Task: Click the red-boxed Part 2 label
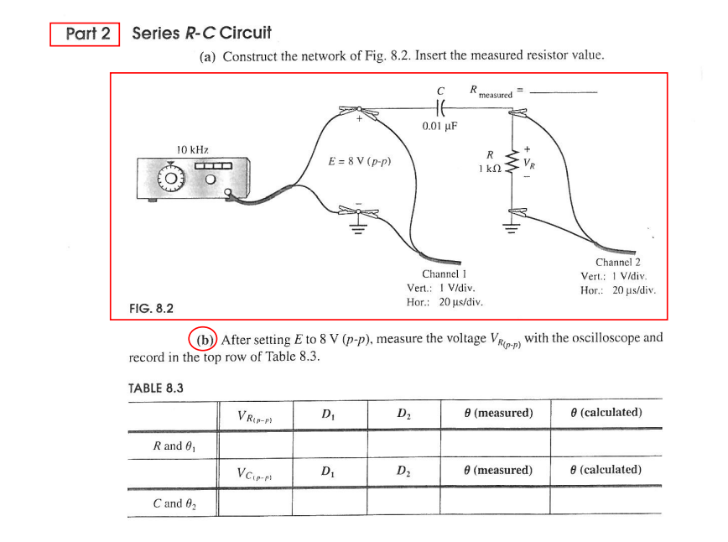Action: (86, 34)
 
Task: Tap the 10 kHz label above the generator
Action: (192, 149)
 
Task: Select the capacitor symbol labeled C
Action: (440, 107)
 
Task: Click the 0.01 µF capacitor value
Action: (440, 127)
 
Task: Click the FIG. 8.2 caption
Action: (152, 308)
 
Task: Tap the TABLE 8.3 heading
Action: (155, 388)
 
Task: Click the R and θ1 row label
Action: (172, 446)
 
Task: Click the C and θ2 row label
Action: (172, 503)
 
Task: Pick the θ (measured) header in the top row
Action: (497, 413)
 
